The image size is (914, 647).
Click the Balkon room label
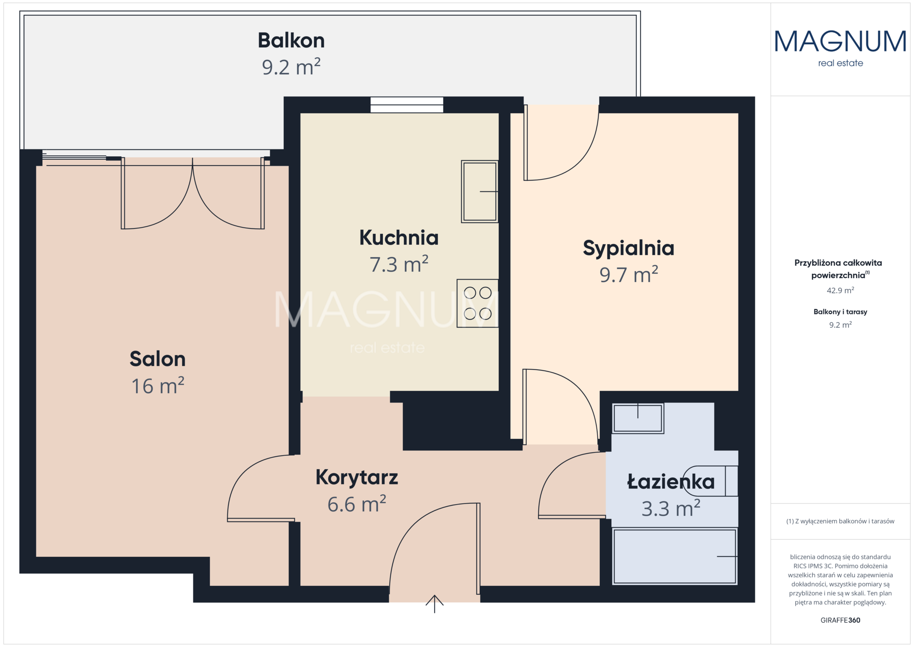(x=291, y=41)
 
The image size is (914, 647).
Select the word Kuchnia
(x=399, y=238)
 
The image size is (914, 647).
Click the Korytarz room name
(x=357, y=478)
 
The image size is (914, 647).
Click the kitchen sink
(x=480, y=192)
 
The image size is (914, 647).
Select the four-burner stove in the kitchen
(x=478, y=303)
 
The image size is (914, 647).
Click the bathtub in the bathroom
(x=675, y=556)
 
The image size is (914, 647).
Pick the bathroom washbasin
(x=638, y=418)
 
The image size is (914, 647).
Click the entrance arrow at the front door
(x=434, y=604)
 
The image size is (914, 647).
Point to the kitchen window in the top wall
(x=407, y=105)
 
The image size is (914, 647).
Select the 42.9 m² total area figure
(x=840, y=290)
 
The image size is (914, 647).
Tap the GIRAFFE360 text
(x=840, y=620)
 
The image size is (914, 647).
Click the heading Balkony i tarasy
(x=840, y=312)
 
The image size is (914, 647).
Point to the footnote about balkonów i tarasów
(x=840, y=521)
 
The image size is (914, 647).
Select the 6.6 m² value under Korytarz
(x=357, y=505)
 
